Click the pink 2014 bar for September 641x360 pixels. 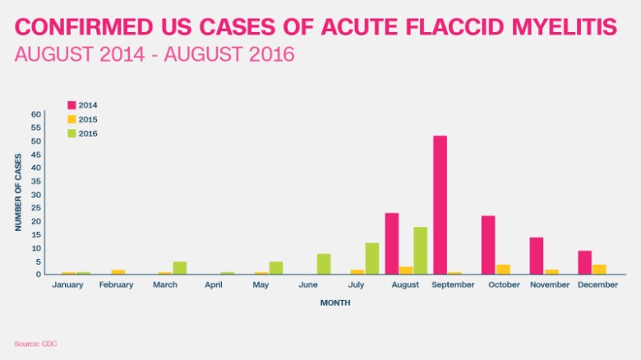[440, 205]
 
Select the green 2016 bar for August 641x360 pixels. [420, 251]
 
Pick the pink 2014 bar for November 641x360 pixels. [536, 256]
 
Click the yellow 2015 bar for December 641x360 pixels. [599, 270]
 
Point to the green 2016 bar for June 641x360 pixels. [324, 264]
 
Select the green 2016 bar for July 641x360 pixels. [371, 259]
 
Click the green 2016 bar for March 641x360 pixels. [180, 268]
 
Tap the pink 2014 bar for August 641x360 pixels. [392, 244]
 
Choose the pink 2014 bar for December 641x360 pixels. [584, 262]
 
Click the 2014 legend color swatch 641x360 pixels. [71, 105]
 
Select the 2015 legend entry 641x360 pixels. [82, 119]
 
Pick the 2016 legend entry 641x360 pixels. [82, 133]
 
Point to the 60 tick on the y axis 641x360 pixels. [36, 114]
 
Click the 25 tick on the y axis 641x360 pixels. [36, 208]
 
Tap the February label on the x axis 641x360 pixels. [117, 285]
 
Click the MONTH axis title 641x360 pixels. [334, 302]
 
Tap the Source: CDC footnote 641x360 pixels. [35, 343]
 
